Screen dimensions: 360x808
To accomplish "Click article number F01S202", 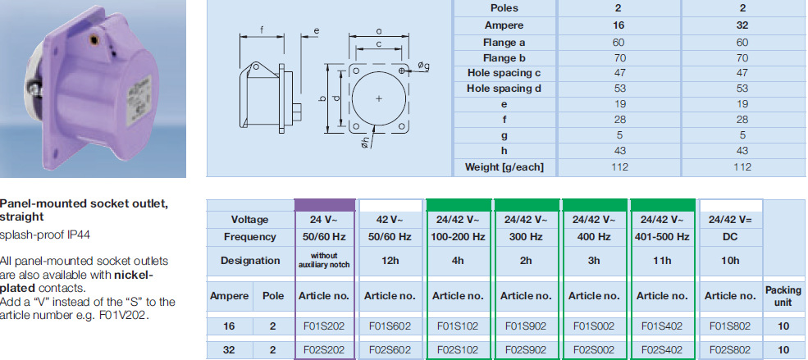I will [325, 325].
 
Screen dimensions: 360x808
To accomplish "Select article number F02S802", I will [728, 349].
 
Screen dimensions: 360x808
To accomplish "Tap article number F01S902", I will [527, 325].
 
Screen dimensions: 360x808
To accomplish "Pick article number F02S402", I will [661, 349].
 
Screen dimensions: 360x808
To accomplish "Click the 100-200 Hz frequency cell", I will [459, 237].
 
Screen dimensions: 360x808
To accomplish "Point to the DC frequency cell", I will [728, 237].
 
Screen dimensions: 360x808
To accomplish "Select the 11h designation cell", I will [661, 261].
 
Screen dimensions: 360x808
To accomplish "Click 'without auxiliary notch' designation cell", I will [325, 261].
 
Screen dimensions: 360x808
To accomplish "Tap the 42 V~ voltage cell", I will [392, 220].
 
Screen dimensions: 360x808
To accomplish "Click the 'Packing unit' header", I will [783, 295].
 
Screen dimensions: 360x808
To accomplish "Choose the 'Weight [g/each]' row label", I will [504, 167].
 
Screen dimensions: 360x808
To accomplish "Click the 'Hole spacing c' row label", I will [504, 74].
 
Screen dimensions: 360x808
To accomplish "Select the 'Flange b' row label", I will [504, 58].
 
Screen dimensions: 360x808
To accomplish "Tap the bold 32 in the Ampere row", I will [742, 25].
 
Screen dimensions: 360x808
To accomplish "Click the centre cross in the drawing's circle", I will [378, 98].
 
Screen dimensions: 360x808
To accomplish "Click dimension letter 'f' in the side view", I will [261, 30].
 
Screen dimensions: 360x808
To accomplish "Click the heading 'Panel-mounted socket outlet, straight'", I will [84, 210].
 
